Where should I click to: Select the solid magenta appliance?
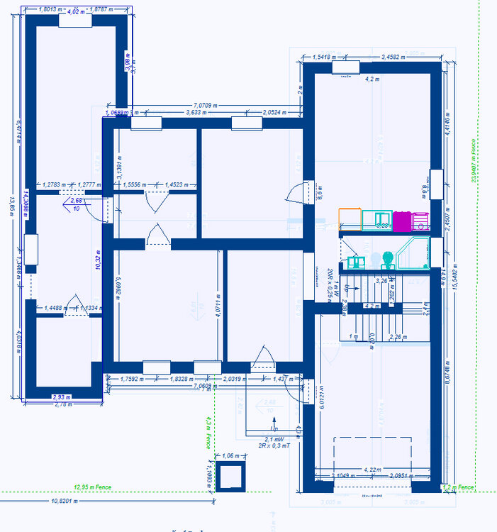point(403,221)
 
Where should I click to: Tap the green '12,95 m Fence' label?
point(93,487)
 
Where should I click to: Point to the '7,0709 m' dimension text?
point(203,104)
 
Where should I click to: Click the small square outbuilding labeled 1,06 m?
point(230,477)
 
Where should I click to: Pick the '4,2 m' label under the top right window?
point(372,79)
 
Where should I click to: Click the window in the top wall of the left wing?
point(75,21)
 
